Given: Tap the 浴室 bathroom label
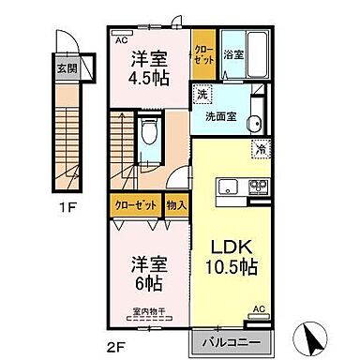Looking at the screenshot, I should [x=232, y=57].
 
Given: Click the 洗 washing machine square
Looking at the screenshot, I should [x=202, y=95].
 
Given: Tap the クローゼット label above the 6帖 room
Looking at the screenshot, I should [x=135, y=203].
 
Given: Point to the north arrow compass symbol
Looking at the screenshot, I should [x=317, y=336].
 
